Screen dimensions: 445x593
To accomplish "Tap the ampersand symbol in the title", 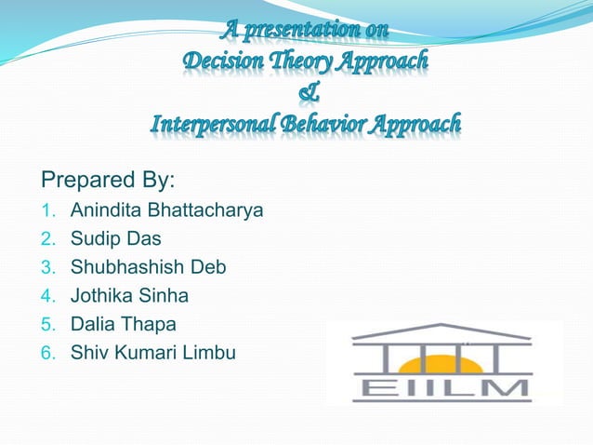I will pyautogui.click(x=307, y=93).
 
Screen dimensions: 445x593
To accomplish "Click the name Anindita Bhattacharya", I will pyautogui.click(x=166, y=210).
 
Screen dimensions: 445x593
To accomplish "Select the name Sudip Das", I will pyautogui.click(x=115, y=238).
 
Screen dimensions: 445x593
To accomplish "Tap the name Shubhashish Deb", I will pyautogui.click(x=148, y=267).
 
